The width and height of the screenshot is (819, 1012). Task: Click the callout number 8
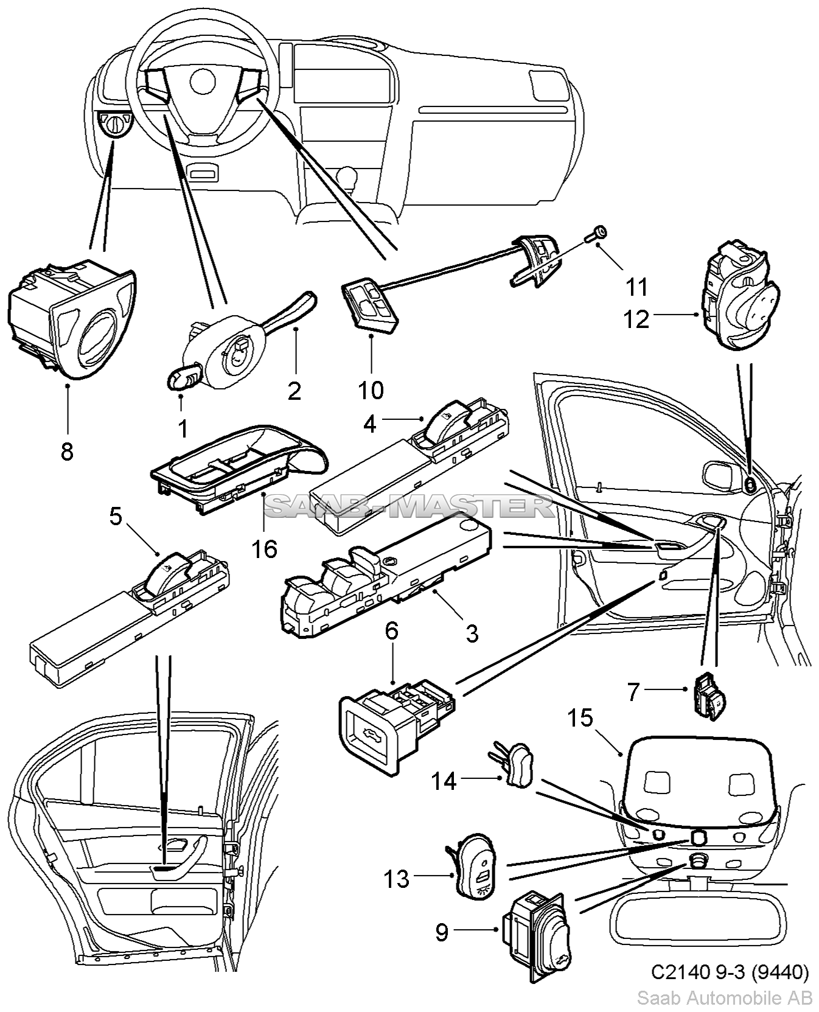pos(67,452)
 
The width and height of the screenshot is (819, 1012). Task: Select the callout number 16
pos(265,549)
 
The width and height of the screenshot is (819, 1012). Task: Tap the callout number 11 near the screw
pos(637,286)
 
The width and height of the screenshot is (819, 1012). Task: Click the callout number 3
pos(472,633)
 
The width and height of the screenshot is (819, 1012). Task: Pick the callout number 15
pos(580,718)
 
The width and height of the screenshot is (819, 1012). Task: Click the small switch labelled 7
pos(708,695)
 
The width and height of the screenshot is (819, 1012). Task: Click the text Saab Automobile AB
pos(724,998)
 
